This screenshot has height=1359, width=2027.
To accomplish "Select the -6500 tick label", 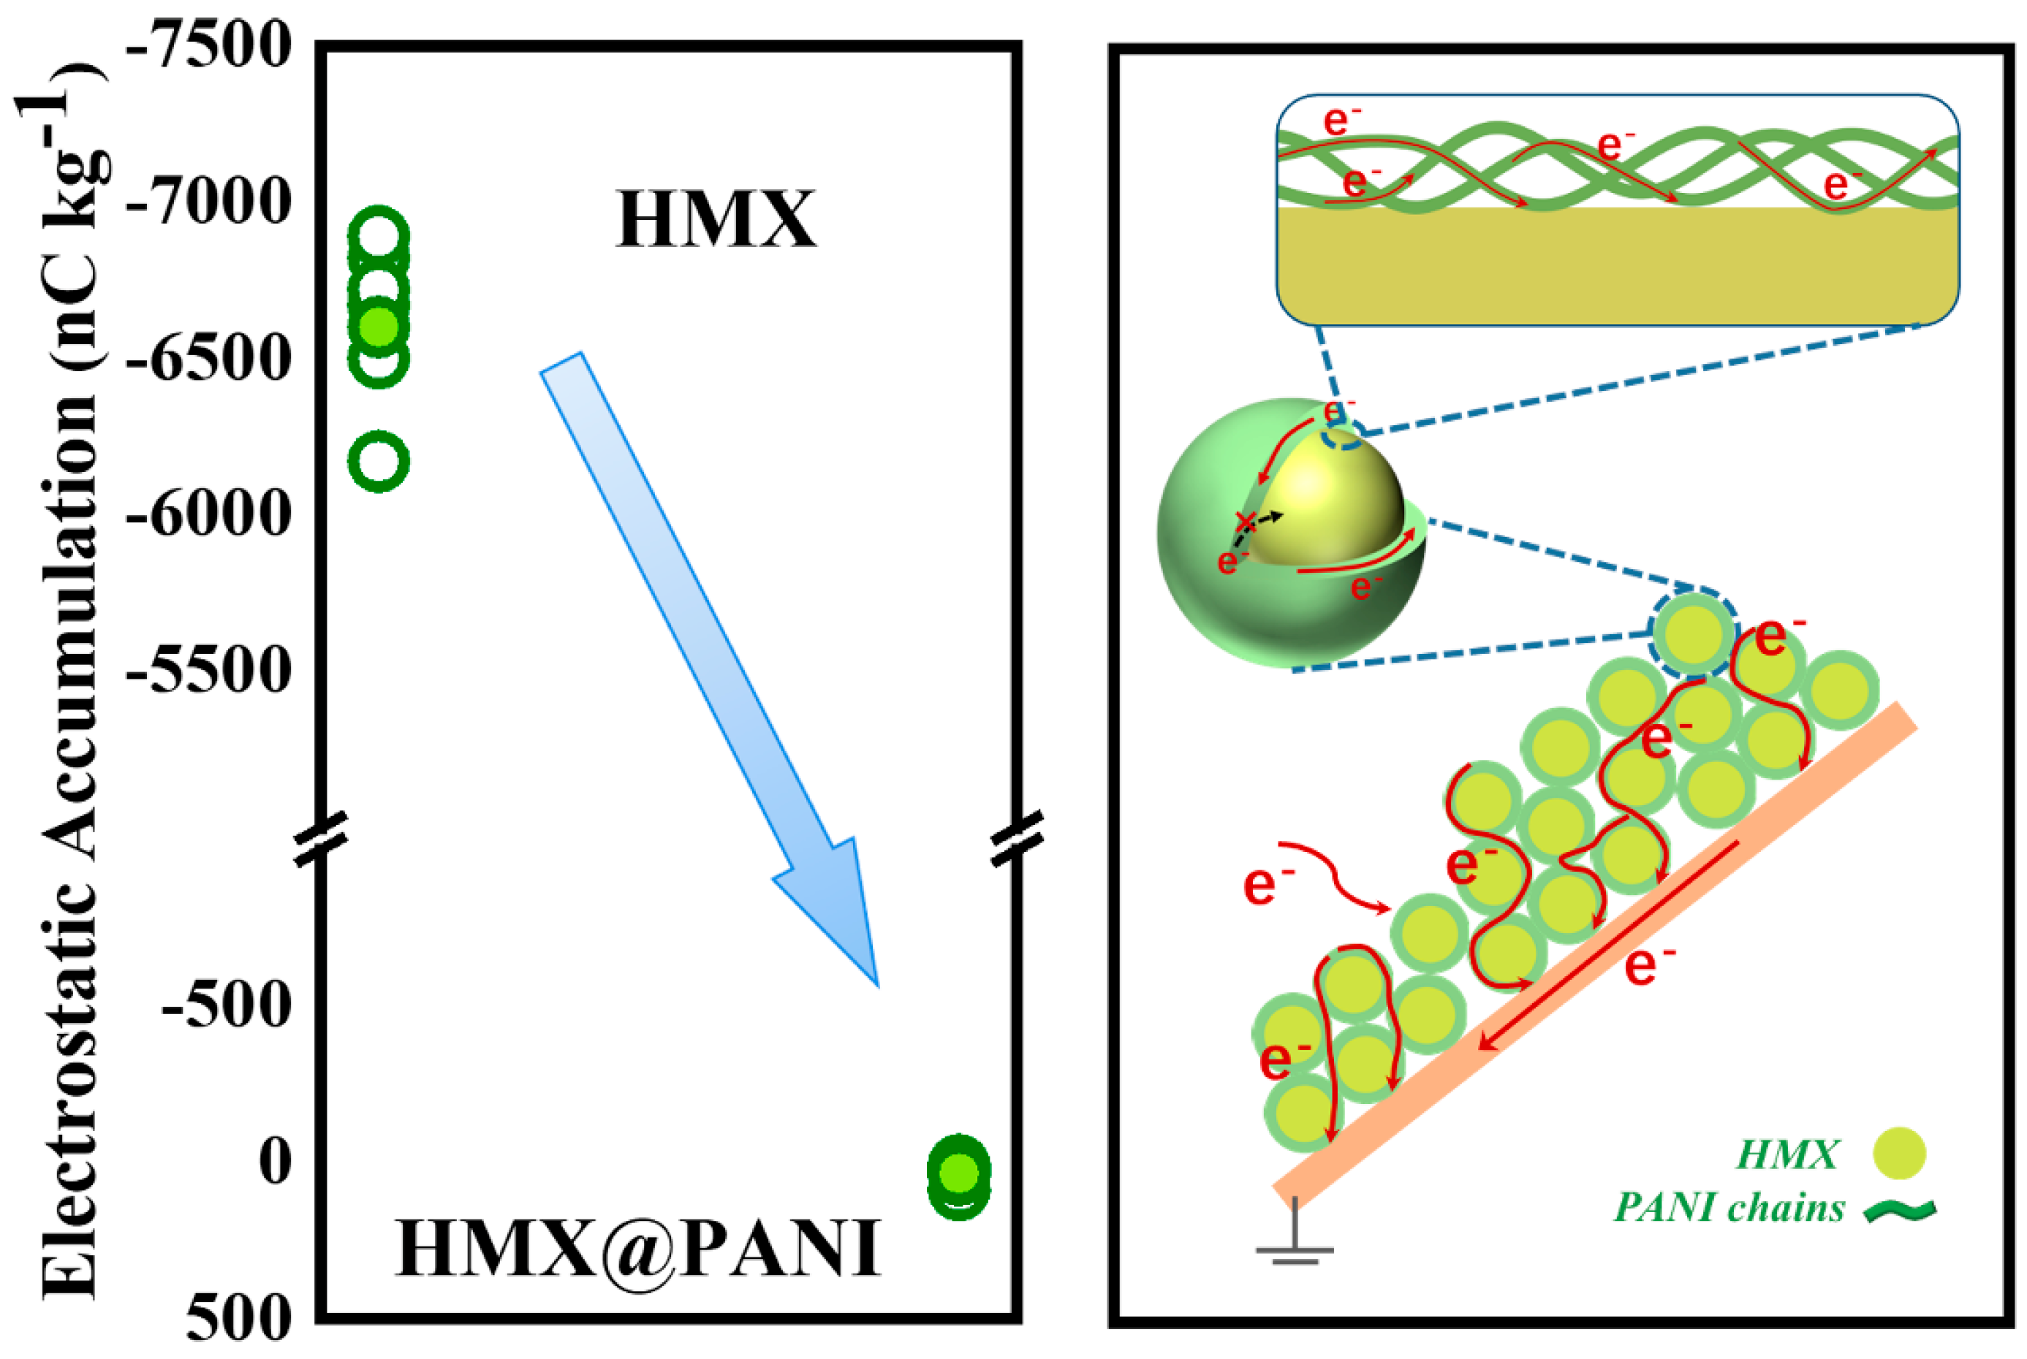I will click(208, 358).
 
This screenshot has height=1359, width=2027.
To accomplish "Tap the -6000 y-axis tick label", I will click(208, 514).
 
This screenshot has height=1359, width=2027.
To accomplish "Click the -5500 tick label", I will click(208, 670).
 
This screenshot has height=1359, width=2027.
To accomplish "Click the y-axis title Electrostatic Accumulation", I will click(65, 685).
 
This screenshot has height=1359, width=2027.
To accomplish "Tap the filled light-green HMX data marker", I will click(378, 327).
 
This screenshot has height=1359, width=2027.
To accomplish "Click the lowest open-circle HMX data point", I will click(378, 461).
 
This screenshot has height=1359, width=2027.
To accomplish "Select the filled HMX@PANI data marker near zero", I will click(958, 1172).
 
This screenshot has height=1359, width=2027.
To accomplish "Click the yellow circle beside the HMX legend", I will click(1898, 1154).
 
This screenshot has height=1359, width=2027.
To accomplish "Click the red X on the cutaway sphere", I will click(1246, 521).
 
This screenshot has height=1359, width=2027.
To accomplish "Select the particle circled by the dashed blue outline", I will click(1693, 634).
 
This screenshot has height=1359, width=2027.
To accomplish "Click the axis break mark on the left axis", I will click(321, 838).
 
